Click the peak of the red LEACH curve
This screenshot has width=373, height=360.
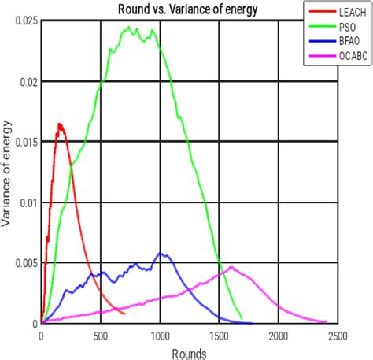pos(59,124)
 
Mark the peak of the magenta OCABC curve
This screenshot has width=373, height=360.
pos(231,266)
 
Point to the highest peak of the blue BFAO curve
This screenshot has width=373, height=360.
pos(161,253)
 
